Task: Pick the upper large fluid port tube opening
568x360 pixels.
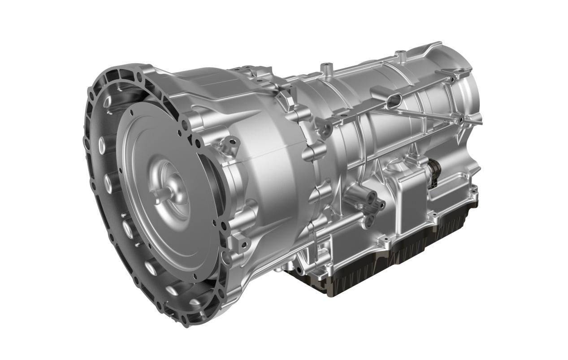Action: pyautogui.click(x=371, y=196)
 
